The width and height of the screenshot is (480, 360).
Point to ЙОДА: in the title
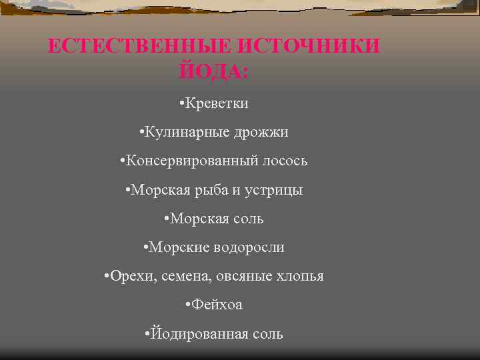pos(214,70)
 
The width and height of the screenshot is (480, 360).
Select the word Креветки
pos(217,103)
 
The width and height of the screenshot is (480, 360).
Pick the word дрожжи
pos(261,132)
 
